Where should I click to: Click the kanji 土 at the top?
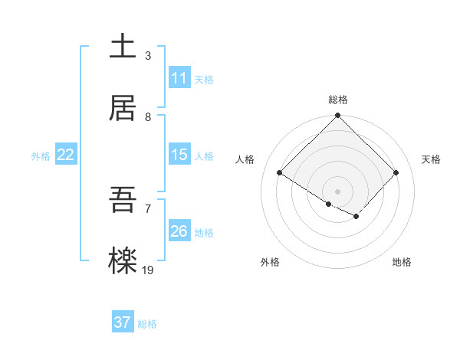tap(123, 47)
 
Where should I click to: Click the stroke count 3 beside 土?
tap(147, 55)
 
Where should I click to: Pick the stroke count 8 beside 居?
tap(147, 116)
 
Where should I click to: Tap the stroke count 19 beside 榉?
tap(149, 270)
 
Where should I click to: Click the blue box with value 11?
tap(179, 78)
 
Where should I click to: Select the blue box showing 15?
tap(179, 155)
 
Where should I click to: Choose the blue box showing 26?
tap(179, 231)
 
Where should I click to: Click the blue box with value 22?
tap(66, 155)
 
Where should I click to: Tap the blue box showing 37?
tap(123, 322)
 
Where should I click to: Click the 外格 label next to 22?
tap(41, 156)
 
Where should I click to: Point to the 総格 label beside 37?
tap(147, 324)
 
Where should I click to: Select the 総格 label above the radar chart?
tap(338, 100)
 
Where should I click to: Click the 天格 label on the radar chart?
tap(431, 159)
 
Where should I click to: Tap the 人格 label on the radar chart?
tap(245, 159)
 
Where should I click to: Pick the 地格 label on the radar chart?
tap(402, 262)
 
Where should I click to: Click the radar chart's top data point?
tap(338, 116)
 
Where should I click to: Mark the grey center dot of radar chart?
tap(338, 191)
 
